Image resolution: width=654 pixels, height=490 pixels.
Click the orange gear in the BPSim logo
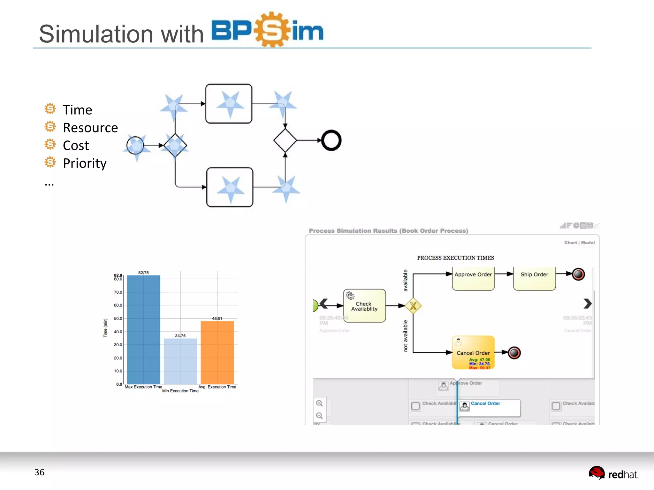coord(272,30)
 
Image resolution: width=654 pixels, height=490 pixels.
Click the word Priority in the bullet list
coord(85,163)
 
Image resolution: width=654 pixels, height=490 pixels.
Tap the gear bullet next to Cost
coord(50,144)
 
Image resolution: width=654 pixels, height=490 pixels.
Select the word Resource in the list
coord(90,128)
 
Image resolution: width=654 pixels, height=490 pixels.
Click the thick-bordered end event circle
coord(331,140)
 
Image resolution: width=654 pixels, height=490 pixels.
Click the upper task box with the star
coord(229,104)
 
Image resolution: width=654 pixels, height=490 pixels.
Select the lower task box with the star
coord(230,187)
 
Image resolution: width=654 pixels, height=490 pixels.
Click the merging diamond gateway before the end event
coord(285,140)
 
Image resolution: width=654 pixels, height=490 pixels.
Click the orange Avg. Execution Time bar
coord(217,352)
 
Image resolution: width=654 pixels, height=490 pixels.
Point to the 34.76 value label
coord(180,335)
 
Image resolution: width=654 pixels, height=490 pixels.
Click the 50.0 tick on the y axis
coord(118,318)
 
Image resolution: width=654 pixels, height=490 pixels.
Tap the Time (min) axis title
coord(105,328)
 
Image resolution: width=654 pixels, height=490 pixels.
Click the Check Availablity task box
coord(364,306)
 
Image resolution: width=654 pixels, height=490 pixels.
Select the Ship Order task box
coord(534,278)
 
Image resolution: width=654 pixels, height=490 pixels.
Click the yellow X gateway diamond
coord(413,306)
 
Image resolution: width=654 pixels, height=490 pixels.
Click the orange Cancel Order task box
coord(473,352)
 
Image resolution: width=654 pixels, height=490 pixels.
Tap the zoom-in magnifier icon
coord(319,403)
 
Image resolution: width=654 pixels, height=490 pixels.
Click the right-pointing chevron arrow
coord(587,303)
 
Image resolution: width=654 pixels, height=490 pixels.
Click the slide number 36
coord(39,472)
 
